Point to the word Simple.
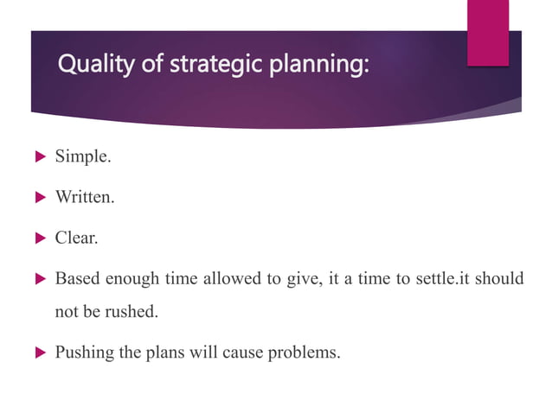point(83,157)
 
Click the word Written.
point(85,198)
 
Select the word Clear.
point(76,238)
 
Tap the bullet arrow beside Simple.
point(38,157)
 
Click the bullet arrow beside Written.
point(38,198)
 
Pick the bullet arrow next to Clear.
point(38,238)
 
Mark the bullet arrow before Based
point(38,279)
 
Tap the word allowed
point(235,279)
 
